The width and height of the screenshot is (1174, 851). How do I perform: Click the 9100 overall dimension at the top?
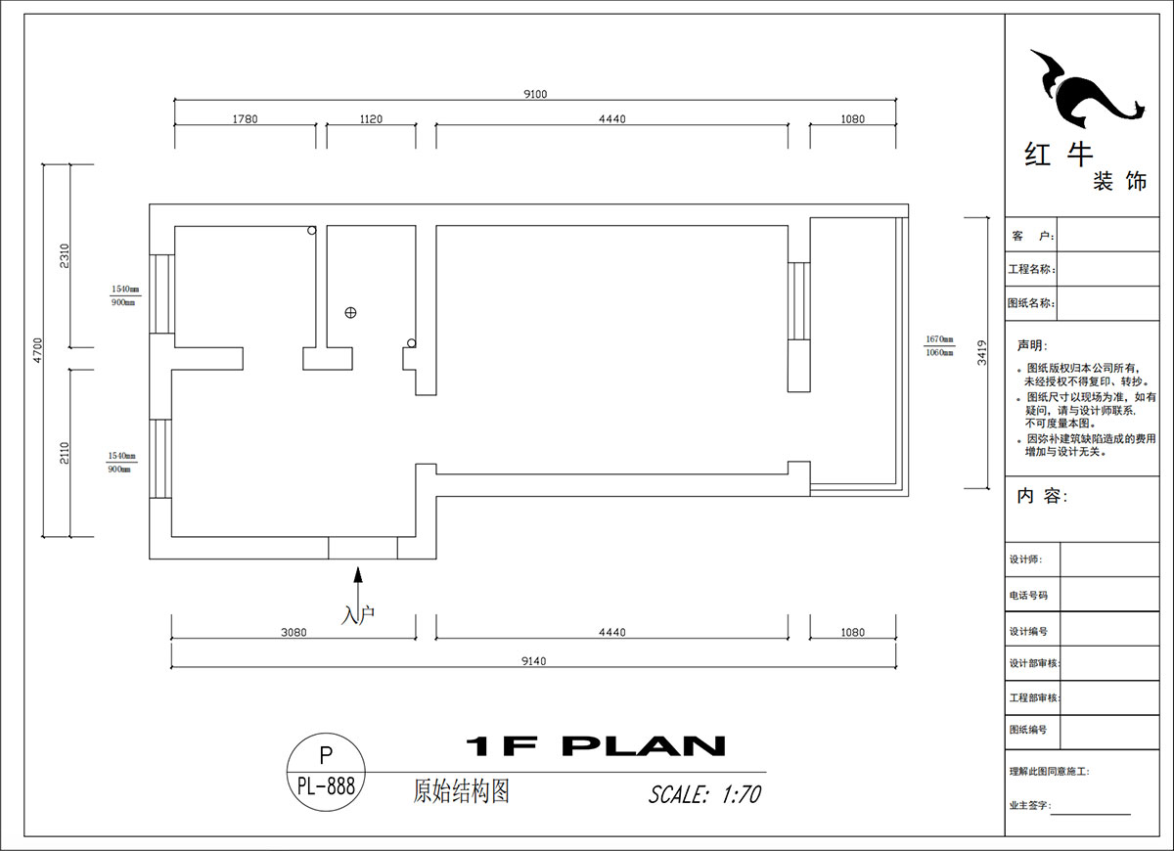[x=535, y=94]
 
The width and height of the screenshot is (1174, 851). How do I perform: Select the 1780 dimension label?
[x=245, y=119]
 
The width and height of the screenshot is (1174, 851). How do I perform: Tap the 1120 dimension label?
[x=371, y=119]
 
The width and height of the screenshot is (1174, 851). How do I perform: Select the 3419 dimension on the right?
[x=981, y=352]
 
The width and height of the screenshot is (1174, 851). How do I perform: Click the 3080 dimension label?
[x=293, y=633]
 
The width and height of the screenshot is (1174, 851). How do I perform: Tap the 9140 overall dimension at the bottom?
[x=533, y=661]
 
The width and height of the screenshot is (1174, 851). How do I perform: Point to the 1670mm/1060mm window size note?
[x=939, y=346]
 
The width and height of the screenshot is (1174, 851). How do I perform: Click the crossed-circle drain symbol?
[x=350, y=313]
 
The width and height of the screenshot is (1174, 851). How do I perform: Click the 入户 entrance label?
[x=358, y=615]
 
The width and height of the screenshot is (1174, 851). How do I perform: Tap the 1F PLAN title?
[x=595, y=747]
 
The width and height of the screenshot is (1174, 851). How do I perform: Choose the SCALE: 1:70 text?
[x=704, y=794]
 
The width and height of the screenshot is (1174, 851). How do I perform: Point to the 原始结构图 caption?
[x=462, y=791]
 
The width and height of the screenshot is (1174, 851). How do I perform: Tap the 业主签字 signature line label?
[x=1029, y=805]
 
